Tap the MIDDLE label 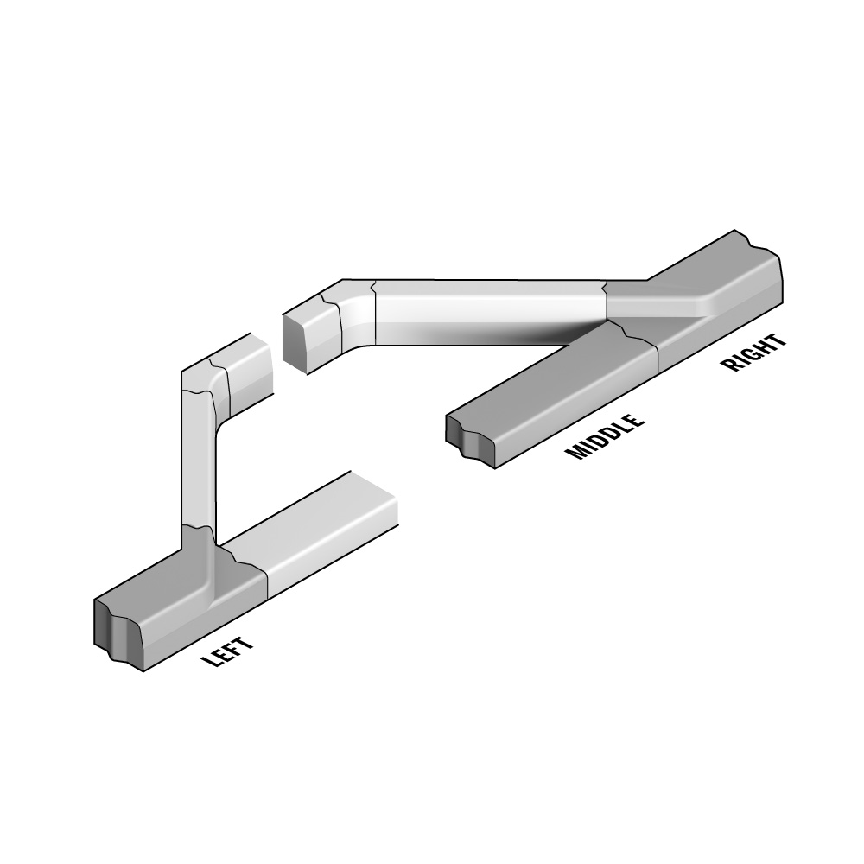[605, 435]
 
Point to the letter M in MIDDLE [575, 451]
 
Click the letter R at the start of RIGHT [730, 365]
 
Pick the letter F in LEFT [233, 649]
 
